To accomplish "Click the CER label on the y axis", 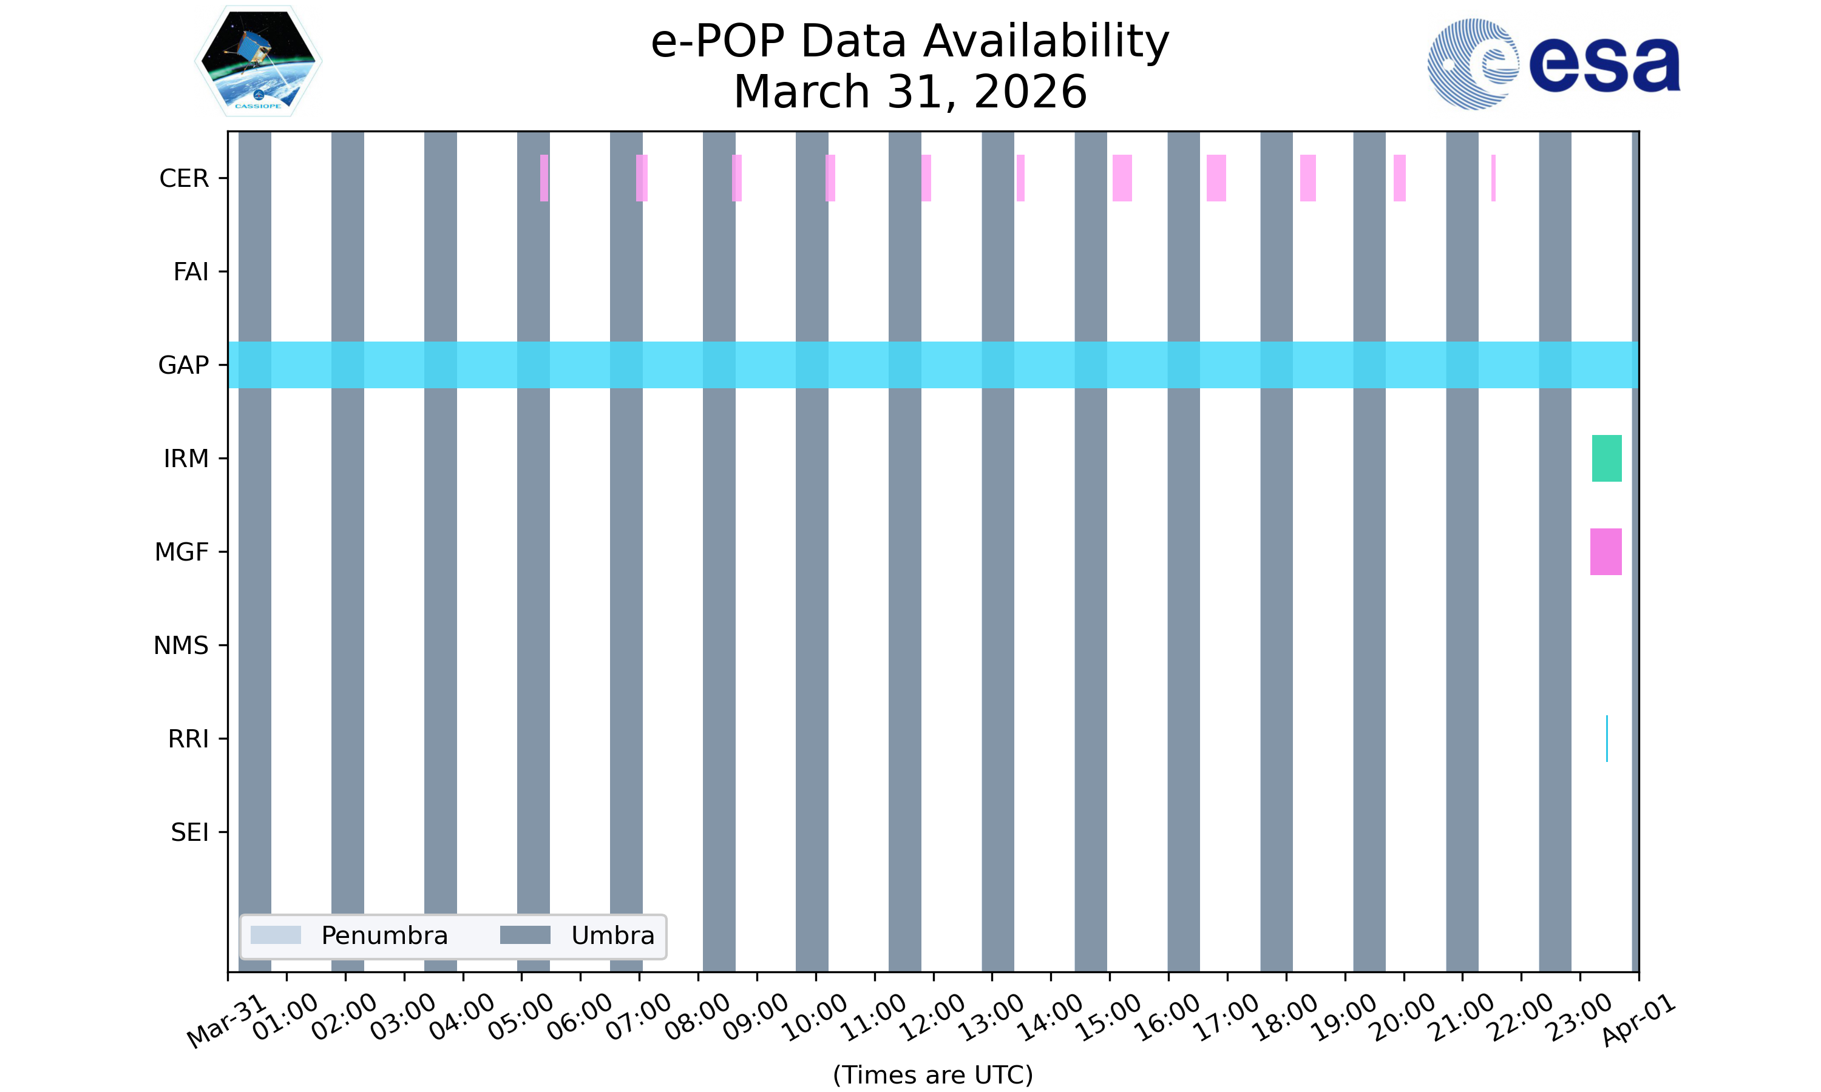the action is tap(184, 178).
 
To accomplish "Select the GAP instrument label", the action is tap(183, 365).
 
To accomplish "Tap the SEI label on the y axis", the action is tap(190, 832).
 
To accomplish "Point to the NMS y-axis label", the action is tap(181, 645).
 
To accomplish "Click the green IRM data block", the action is tap(1607, 459).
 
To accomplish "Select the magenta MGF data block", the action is tap(1606, 552).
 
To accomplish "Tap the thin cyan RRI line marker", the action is tap(1607, 738).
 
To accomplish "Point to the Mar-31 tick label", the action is tap(226, 1022).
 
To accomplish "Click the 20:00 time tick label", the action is tap(1403, 1017).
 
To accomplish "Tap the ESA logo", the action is tap(1553, 64).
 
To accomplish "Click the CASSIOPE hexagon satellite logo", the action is tap(259, 61).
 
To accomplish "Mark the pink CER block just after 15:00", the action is tap(1122, 178).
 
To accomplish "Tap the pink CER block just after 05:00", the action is tap(544, 178).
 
